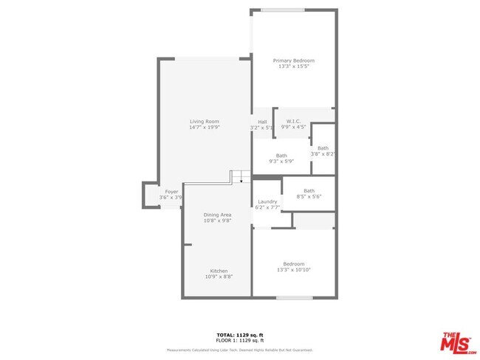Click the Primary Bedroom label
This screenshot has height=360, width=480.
293,60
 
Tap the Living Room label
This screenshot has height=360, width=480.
204,122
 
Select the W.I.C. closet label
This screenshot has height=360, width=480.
293,121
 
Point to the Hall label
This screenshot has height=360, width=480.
262,122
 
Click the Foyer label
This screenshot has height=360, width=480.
171,192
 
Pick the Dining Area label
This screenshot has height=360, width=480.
218,215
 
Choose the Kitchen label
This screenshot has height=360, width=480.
219,271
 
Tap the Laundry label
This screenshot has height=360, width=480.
267,201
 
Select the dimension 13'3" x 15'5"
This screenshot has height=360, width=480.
293,67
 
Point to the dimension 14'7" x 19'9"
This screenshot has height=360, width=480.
204,128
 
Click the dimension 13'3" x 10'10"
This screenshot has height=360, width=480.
293,270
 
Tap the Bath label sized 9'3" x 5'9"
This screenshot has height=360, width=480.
281,155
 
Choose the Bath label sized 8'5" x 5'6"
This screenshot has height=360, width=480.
309,191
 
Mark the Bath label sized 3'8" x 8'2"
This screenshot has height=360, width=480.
323,148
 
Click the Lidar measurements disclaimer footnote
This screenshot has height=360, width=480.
239,350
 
